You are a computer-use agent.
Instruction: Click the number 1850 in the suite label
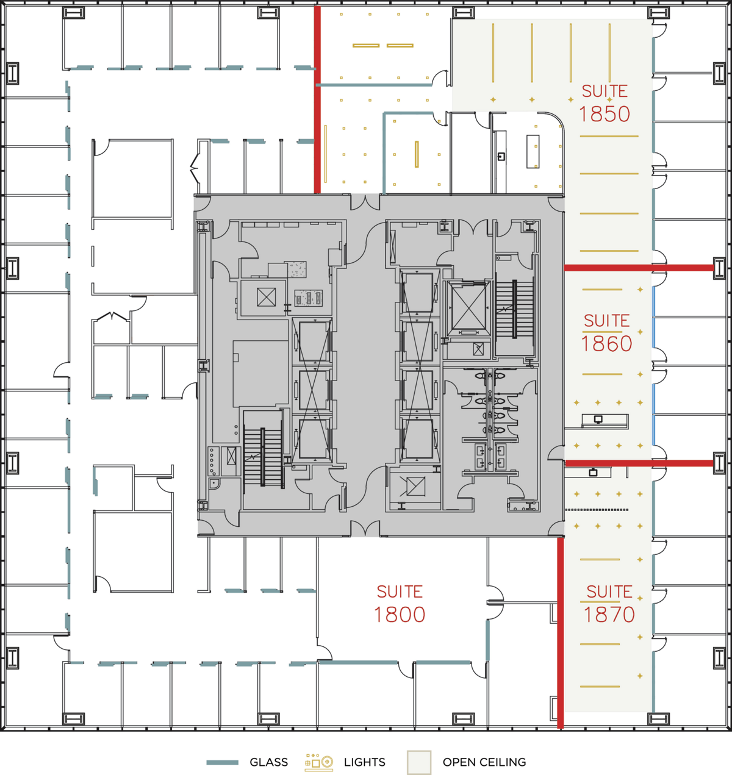point(604,114)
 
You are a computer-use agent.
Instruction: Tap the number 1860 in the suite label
point(606,345)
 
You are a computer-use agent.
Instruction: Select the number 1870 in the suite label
point(609,615)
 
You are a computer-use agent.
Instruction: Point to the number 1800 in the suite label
point(400,615)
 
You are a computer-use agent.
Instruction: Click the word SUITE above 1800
point(400,592)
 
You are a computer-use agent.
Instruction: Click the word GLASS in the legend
point(268,762)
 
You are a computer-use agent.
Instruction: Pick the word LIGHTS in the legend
point(364,762)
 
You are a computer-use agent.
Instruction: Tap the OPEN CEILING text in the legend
point(484,762)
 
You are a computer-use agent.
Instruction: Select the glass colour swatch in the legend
point(222,762)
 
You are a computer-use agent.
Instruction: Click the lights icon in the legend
point(319,762)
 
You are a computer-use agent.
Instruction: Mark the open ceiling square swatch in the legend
point(419,762)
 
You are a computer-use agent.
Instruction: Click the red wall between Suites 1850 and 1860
point(638,268)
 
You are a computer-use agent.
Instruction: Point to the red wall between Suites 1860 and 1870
point(638,463)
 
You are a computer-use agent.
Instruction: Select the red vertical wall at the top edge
point(317,101)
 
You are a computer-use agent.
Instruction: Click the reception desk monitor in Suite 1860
point(598,420)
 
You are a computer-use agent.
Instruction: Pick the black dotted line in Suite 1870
point(596,510)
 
